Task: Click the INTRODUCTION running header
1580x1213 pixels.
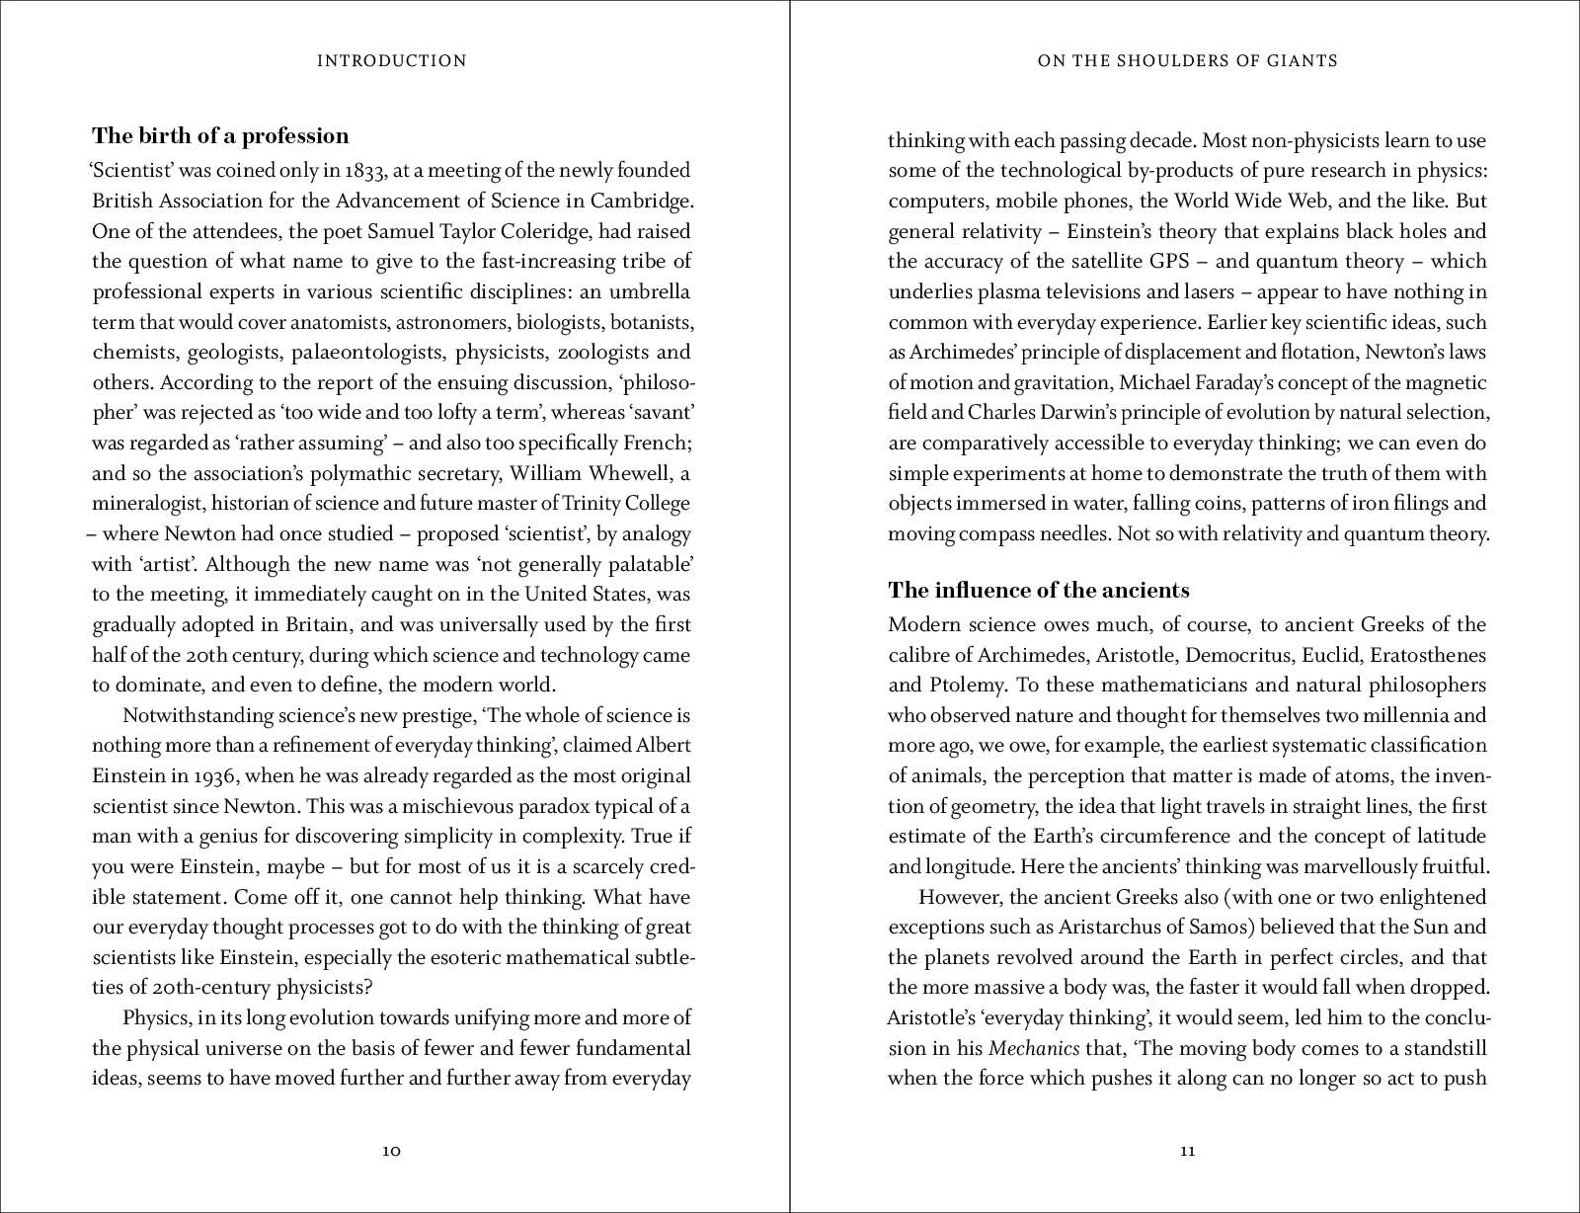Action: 391,61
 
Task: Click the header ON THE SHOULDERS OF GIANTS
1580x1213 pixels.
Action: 1187,61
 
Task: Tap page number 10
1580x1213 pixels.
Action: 391,1151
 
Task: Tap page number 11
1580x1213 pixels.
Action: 1188,1151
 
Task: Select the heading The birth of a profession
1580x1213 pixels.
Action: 220,136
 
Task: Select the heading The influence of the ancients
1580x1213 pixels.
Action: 1038,591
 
